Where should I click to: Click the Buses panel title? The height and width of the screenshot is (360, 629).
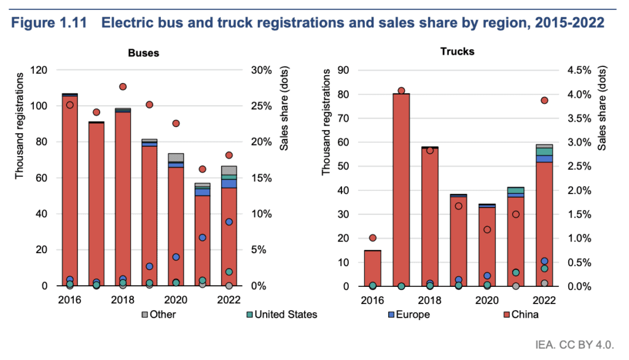[x=143, y=53]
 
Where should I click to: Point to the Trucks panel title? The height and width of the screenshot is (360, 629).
[x=457, y=52]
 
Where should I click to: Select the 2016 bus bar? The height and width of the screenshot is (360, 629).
[x=69, y=184]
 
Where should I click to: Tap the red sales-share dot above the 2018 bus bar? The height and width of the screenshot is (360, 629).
[x=123, y=87]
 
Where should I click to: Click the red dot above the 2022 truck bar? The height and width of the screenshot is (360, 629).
[x=544, y=100]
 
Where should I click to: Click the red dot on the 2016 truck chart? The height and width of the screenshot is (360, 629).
[x=372, y=238]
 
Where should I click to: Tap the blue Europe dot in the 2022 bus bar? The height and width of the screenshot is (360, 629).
[x=229, y=222]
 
